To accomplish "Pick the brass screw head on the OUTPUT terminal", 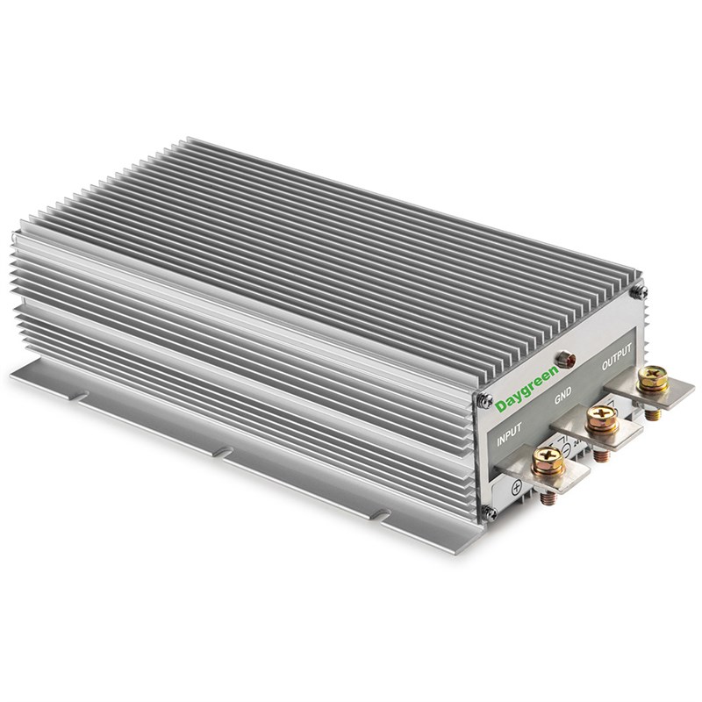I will tap(653, 376).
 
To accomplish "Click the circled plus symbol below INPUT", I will tap(515, 485).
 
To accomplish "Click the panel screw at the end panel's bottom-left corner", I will tap(490, 511).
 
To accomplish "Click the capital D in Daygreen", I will tap(500, 406).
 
